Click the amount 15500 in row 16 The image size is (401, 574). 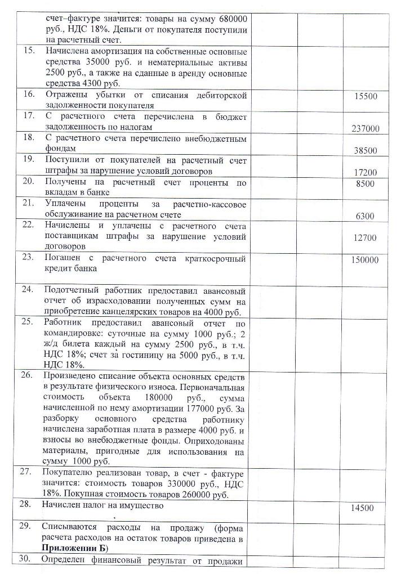pyautogui.click(x=366, y=96)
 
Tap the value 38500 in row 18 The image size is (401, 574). pyautogui.click(x=366, y=151)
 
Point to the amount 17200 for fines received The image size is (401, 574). pyautogui.click(x=366, y=172)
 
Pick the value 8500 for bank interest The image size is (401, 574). pyautogui.click(x=366, y=183)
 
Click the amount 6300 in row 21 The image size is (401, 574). pyautogui.click(x=366, y=216)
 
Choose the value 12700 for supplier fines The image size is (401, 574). pyautogui.click(x=366, y=237)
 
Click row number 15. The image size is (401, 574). pyautogui.click(x=29, y=51)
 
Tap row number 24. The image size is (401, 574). pyautogui.click(x=28, y=290)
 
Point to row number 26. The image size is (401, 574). pyautogui.click(x=28, y=375)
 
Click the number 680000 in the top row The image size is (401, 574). pyautogui.click(x=229, y=18)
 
